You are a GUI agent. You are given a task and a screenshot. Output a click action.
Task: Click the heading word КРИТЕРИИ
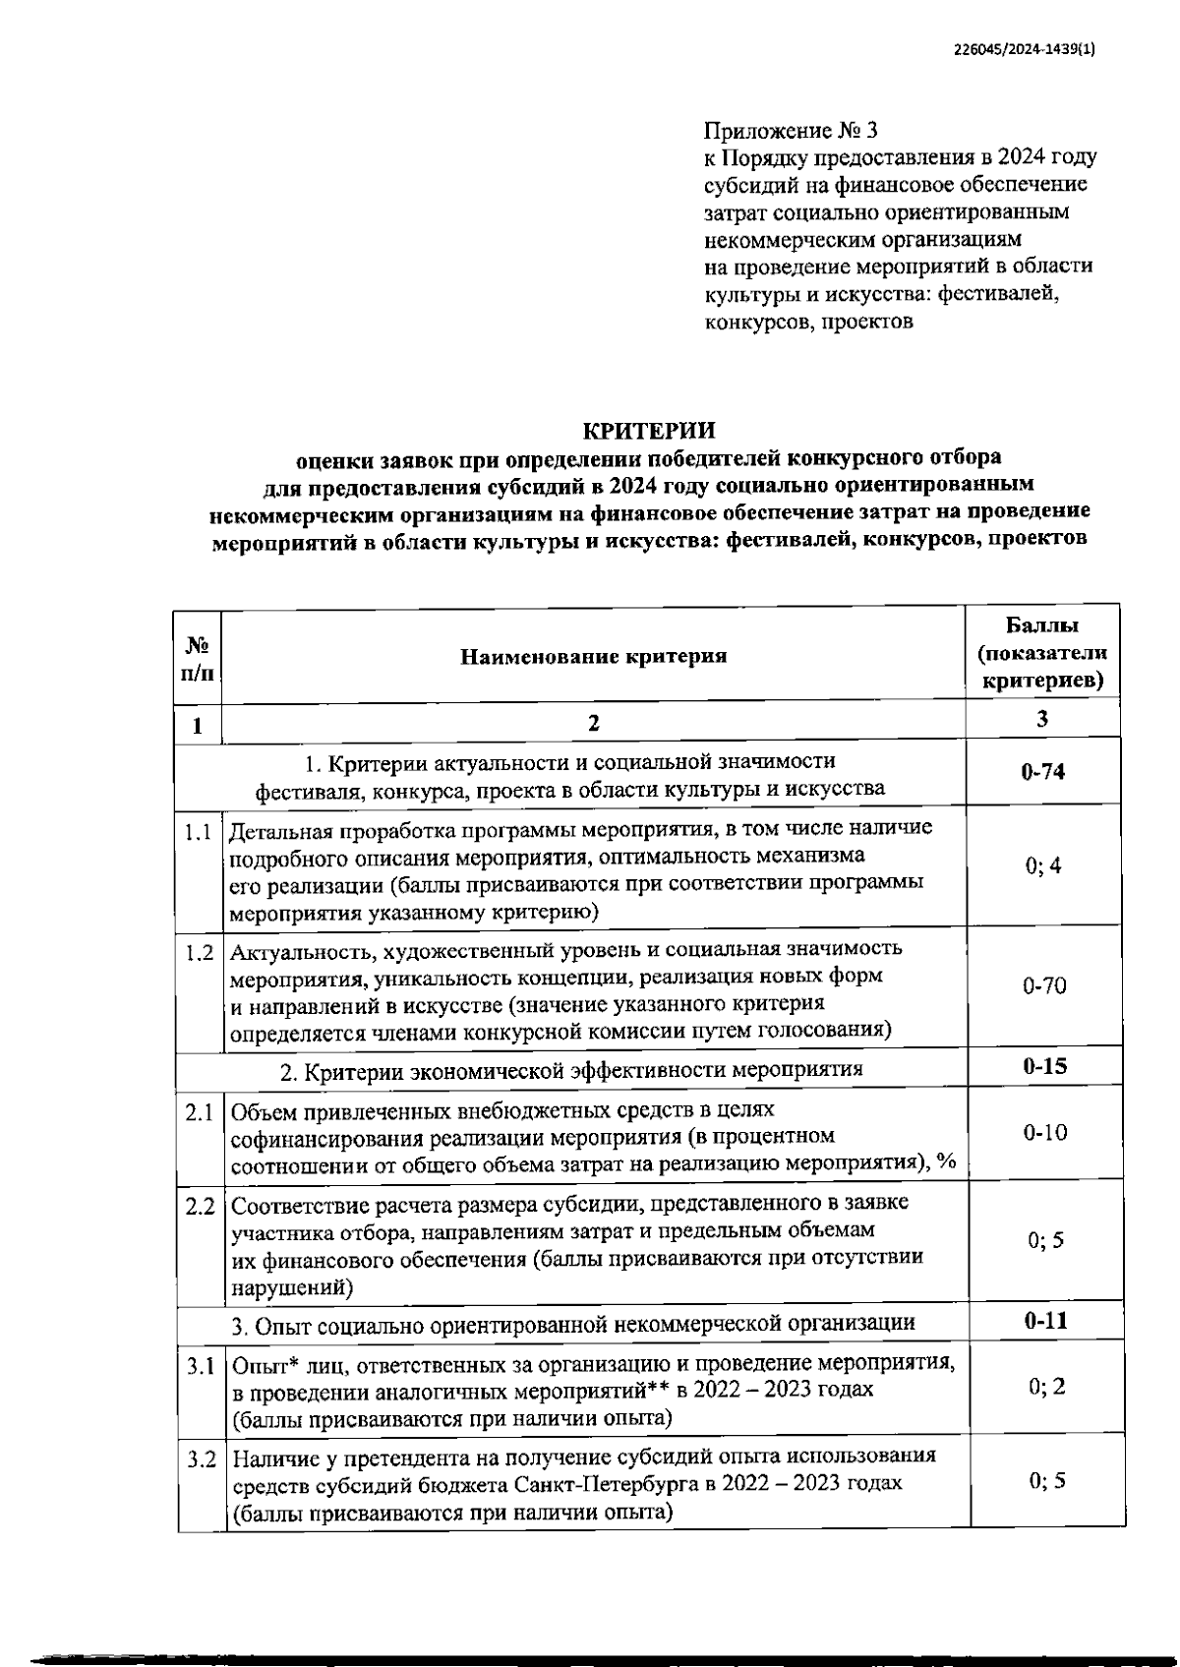[x=649, y=431]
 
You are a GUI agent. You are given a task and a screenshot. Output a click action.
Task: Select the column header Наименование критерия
[x=594, y=656]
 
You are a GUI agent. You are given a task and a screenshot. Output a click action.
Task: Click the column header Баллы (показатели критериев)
[x=1042, y=653]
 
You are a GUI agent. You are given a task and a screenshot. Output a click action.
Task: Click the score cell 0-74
[x=1042, y=772]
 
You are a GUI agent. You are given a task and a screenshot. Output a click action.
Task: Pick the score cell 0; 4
[x=1042, y=866]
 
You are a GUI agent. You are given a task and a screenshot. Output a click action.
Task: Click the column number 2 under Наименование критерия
[x=593, y=725]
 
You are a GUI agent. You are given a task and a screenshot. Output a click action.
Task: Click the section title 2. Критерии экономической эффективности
[x=570, y=1069]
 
